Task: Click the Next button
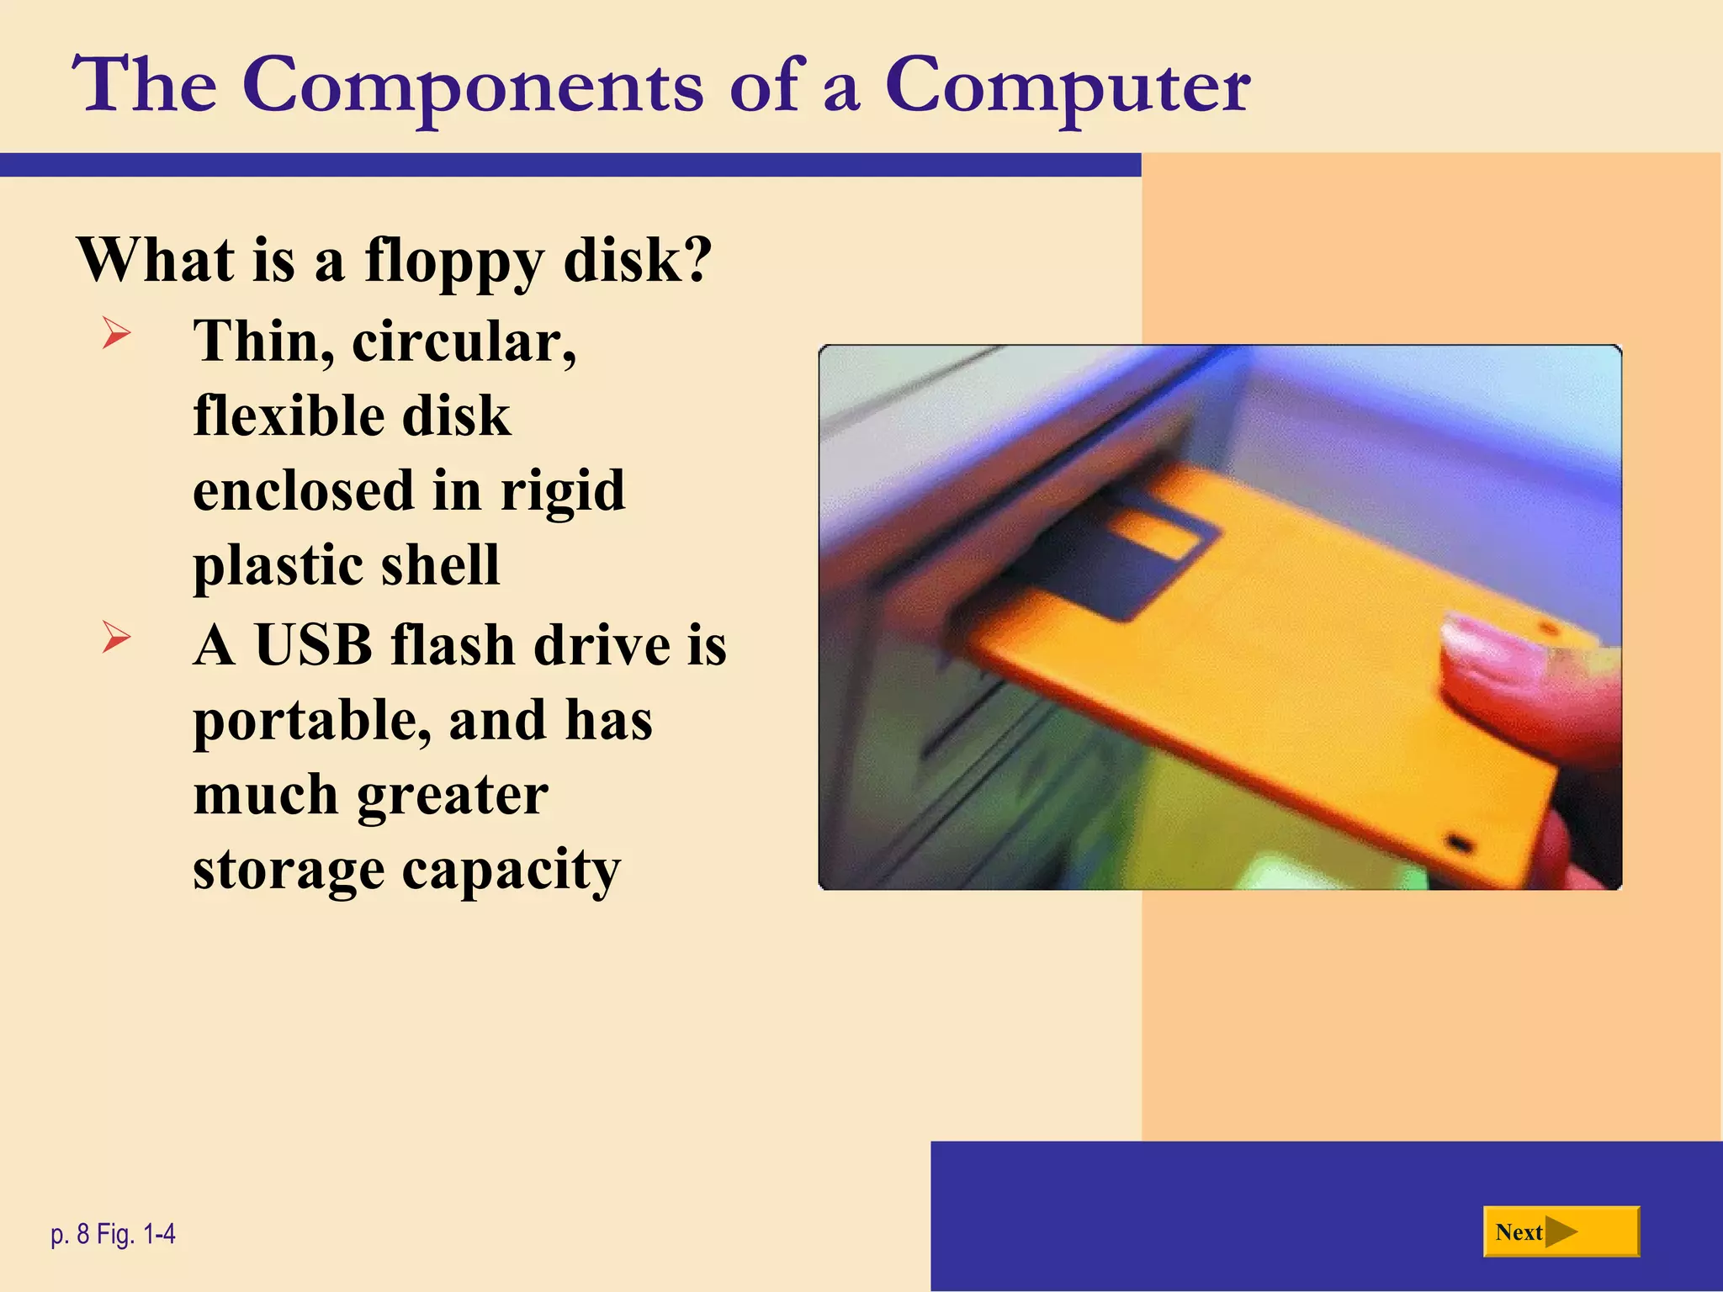[1561, 1232]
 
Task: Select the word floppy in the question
[454, 261]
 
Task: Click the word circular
[464, 342]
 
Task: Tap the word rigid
[563, 490]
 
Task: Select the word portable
[312, 722]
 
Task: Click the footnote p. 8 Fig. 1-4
[113, 1234]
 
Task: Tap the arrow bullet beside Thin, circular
[116, 333]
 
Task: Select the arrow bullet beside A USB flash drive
[116, 637]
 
